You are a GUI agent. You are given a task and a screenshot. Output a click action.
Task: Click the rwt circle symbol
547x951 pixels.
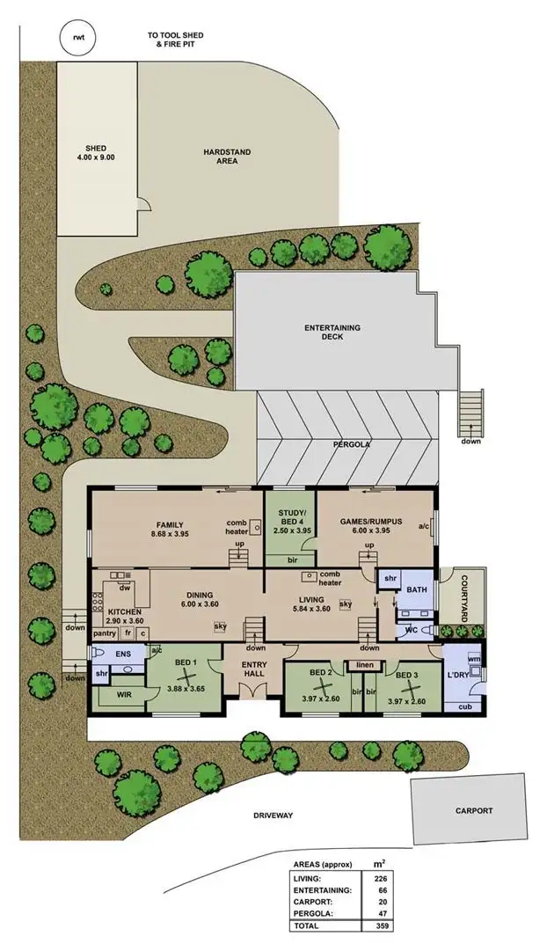point(78,37)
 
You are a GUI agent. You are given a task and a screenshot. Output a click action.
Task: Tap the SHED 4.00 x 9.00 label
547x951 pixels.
point(96,152)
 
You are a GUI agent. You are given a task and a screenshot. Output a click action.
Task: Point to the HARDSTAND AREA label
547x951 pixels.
point(227,157)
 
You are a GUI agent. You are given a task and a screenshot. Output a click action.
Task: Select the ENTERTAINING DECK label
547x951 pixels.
point(332,332)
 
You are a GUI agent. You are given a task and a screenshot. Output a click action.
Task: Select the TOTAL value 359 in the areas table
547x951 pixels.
point(381,926)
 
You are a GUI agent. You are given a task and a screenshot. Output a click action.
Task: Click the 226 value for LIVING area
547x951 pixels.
point(381,877)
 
